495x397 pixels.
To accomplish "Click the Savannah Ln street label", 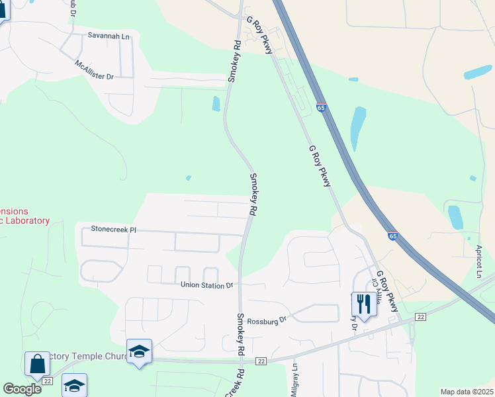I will point(111,37).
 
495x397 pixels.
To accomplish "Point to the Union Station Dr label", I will point(207,285).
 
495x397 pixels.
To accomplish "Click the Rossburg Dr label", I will point(266,320).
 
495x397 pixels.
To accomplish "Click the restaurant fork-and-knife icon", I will point(363,304).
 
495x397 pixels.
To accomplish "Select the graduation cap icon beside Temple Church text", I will point(140,351).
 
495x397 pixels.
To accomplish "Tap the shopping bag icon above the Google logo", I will point(37,363).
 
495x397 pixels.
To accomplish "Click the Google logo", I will point(22,389).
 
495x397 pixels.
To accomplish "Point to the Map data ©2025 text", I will point(467,392).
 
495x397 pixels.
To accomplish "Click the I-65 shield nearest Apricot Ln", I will point(393,236).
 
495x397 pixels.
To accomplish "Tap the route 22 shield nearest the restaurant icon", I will point(420,318).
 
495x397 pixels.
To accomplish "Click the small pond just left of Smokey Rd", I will point(216,104).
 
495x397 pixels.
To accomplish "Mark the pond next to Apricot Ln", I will point(455,217).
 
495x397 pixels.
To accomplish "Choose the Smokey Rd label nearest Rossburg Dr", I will point(241,327).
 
